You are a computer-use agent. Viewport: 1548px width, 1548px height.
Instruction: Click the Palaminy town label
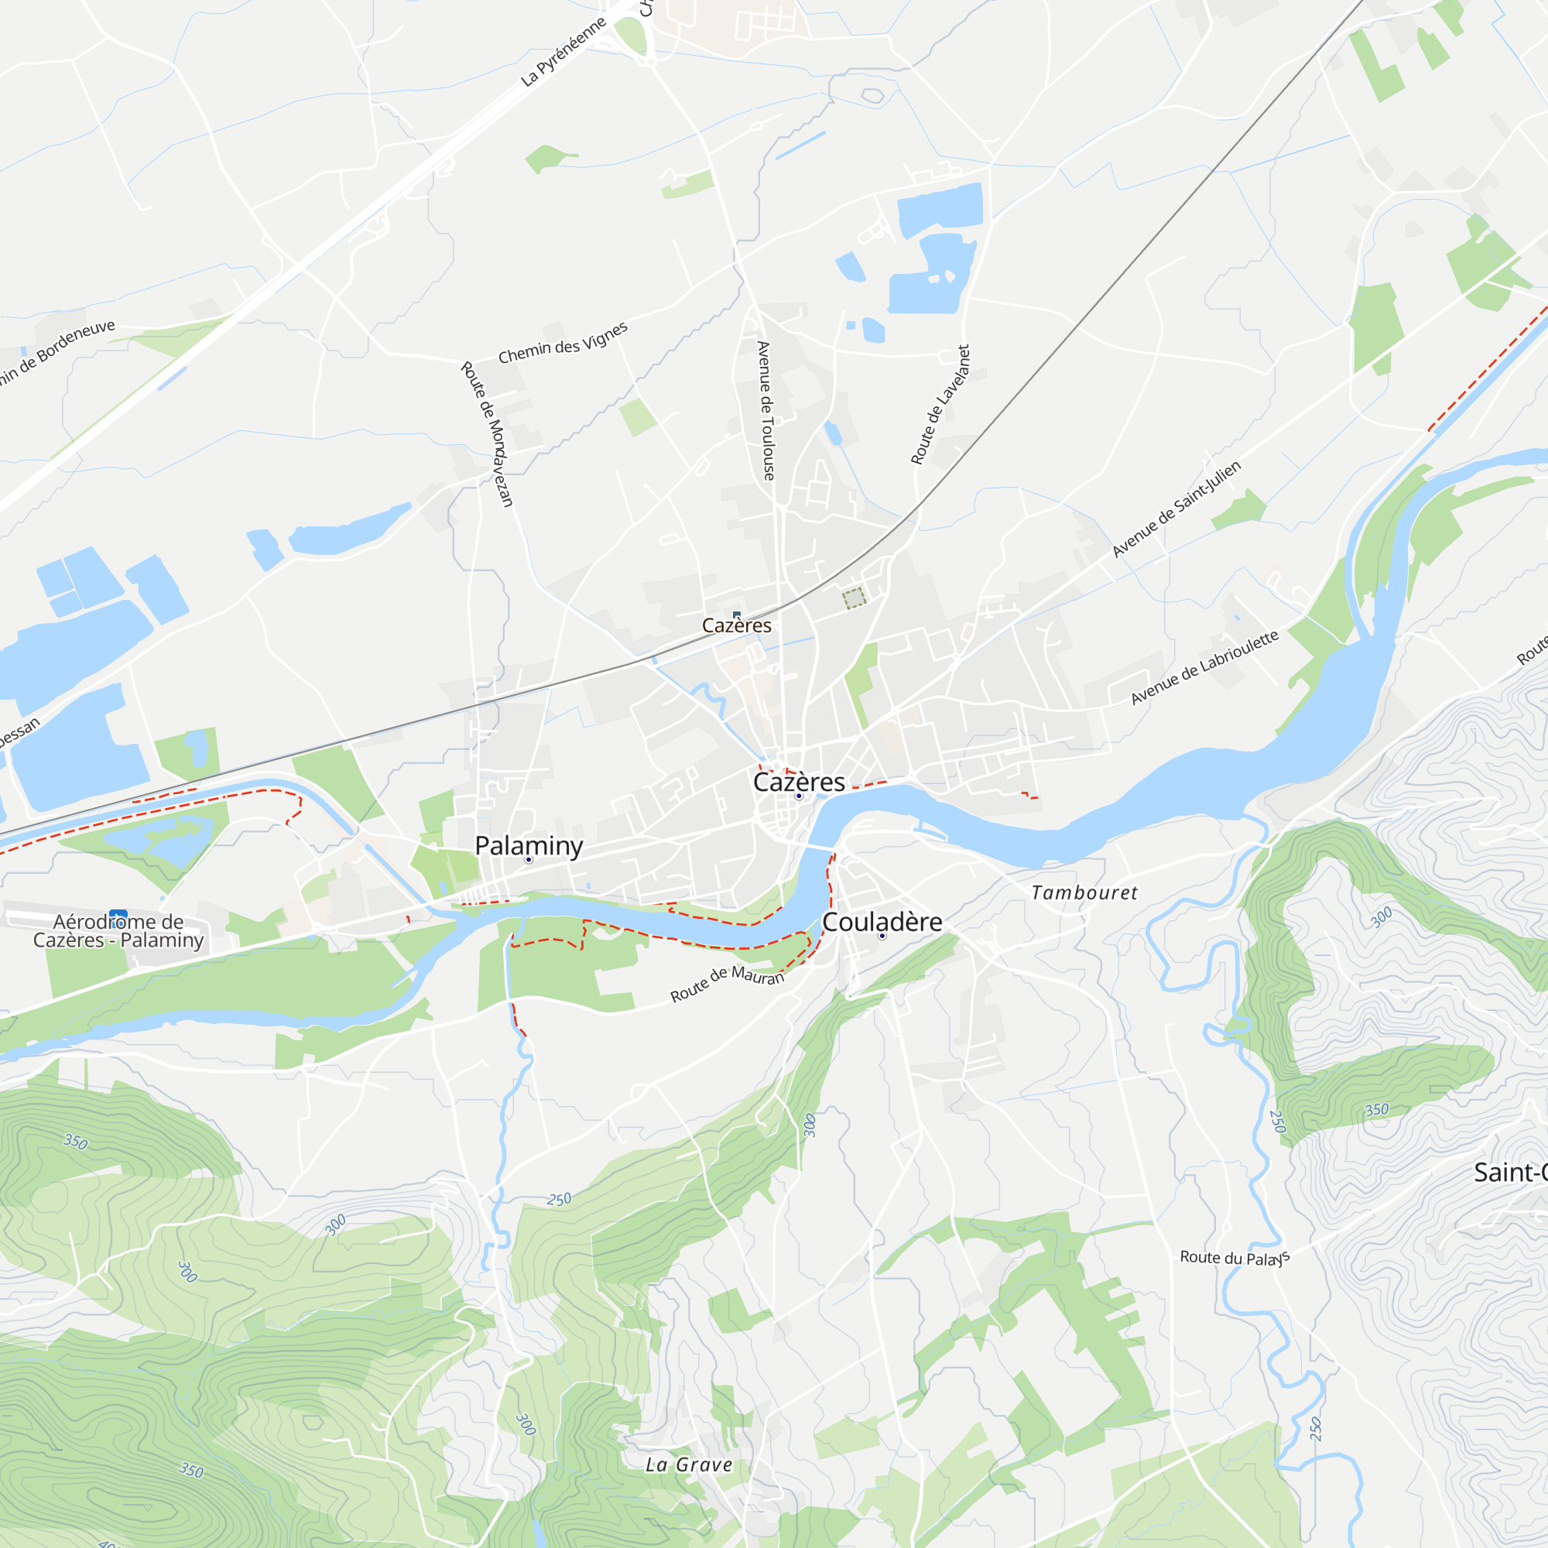[529, 845]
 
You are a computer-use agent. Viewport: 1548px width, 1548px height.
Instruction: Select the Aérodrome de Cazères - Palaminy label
[118, 931]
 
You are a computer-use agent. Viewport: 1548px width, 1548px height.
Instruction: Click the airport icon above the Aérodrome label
[118, 915]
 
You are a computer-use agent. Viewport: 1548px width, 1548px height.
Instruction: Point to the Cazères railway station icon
[736, 615]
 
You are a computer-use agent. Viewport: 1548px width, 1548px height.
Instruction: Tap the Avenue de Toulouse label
[766, 410]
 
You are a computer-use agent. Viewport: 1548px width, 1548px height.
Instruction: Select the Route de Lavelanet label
[940, 405]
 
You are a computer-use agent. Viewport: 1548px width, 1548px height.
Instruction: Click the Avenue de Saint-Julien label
[1176, 509]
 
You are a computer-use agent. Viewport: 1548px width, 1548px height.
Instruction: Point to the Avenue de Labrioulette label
[1204, 668]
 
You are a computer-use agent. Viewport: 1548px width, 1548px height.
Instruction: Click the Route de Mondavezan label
[486, 433]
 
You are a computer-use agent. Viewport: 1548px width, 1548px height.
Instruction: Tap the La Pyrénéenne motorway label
[563, 52]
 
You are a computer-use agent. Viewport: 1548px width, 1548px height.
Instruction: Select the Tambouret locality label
[1084, 892]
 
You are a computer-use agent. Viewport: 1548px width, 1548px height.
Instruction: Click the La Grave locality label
[689, 1464]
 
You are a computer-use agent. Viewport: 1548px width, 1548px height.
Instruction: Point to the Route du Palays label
[1235, 1258]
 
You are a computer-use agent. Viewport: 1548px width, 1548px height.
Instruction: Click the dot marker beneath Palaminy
[529, 860]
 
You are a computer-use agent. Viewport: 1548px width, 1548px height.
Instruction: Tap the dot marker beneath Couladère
[882, 936]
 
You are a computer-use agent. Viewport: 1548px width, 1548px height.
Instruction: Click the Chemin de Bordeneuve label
[56, 351]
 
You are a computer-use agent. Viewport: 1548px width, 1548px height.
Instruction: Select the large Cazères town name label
[799, 782]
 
